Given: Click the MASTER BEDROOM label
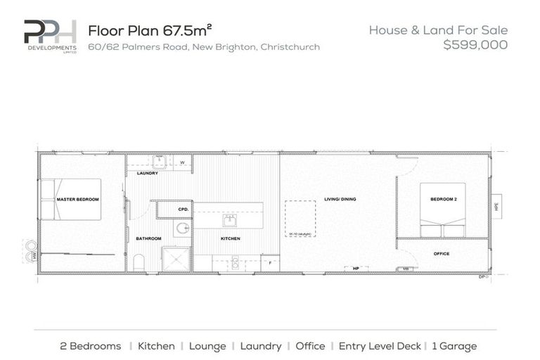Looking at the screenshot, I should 77,200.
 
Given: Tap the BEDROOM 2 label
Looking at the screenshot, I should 444,200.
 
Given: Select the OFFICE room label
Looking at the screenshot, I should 441,254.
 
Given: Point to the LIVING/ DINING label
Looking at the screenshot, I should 340,200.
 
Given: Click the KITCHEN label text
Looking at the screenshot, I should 230,239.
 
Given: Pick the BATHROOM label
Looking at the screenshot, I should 148,239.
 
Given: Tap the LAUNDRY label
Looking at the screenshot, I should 147,173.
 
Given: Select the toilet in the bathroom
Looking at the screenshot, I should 139,263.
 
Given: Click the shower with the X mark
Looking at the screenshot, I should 176,259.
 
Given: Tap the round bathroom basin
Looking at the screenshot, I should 182,228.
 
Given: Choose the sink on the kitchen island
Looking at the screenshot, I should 229,220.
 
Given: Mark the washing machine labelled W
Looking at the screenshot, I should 182,163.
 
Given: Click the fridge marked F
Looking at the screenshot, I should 270,263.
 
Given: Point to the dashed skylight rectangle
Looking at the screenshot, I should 300,219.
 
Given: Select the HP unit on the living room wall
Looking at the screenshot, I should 356,268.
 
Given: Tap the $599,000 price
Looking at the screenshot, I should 475,45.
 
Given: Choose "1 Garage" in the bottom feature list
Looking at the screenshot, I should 454,346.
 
